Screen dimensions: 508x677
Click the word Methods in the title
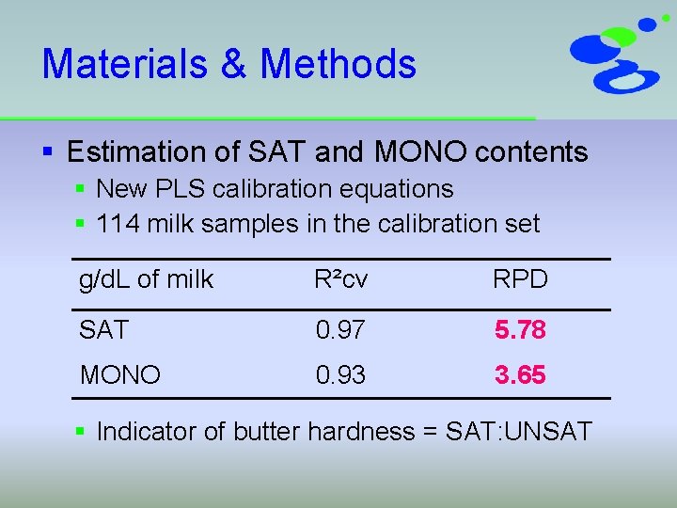coord(338,64)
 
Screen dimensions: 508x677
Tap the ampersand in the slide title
coord(238,64)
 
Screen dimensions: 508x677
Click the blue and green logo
coord(615,55)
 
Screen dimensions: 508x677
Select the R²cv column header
coord(339,279)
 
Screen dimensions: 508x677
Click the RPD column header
coord(520,279)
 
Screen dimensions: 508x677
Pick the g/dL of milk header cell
coord(147,279)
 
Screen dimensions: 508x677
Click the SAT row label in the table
coord(103,330)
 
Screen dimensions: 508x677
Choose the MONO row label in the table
coord(120,375)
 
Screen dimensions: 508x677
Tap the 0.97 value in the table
coord(340,330)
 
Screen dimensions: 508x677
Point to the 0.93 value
coord(340,375)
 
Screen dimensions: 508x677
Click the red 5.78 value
coord(520,330)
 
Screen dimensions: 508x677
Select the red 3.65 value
coord(520,375)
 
